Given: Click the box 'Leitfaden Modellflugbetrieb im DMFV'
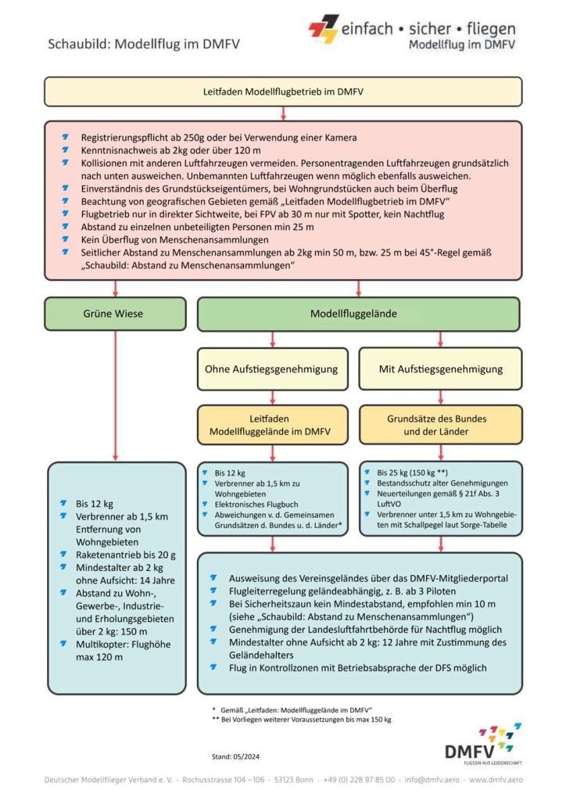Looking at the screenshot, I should (x=282, y=92).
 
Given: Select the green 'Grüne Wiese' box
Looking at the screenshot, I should (x=115, y=314).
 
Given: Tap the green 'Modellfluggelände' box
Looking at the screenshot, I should (x=358, y=314).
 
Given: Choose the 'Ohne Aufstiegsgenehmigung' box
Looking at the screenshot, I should (x=271, y=368).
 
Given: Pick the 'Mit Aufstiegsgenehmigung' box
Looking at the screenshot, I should (x=440, y=368).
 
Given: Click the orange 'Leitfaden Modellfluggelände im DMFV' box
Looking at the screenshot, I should (x=271, y=425).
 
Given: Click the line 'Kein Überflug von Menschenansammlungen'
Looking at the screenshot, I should (x=174, y=239).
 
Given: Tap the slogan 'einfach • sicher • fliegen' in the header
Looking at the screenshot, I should (x=428, y=28).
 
